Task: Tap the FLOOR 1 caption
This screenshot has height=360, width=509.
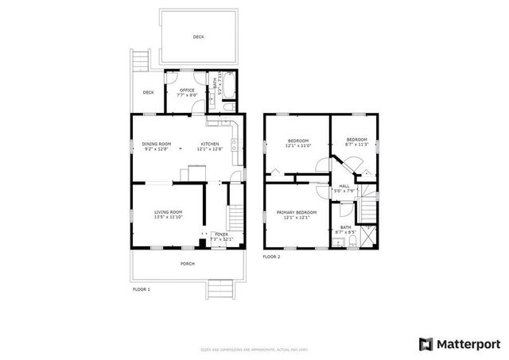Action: (141, 289)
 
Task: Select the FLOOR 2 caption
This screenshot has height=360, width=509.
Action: (272, 257)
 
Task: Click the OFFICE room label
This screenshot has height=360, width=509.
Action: (187, 91)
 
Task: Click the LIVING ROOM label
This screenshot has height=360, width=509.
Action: (169, 212)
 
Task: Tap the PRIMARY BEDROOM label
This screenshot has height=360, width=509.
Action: (297, 212)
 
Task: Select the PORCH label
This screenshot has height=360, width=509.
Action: (187, 263)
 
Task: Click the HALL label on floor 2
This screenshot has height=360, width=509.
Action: (344, 186)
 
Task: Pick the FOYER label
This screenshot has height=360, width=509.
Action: (220, 234)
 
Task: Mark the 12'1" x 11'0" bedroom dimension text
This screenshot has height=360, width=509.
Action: (298, 145)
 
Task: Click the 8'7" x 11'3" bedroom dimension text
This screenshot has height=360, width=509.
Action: (356, 145)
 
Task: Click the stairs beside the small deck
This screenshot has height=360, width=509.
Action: (141, 60)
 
